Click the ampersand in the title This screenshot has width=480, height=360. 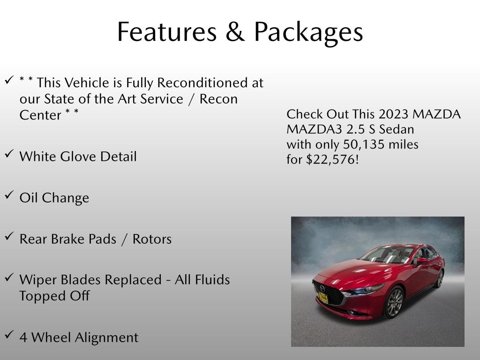pos(235,32)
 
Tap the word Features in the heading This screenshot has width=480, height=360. pos(167,32)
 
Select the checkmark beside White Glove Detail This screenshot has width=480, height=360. pos(9,153)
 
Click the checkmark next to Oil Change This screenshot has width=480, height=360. pos(9,195)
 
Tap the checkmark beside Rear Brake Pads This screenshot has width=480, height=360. pos(9,236)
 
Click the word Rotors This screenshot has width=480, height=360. pos(152,239)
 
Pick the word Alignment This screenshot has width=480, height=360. pos(106,338)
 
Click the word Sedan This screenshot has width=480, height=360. pos(397,129)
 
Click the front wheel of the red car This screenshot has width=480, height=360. pos(395,302)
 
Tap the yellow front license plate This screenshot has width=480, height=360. pos(323,298)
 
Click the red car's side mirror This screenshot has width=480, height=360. pos(422,261)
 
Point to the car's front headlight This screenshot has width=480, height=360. pos(365,290)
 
